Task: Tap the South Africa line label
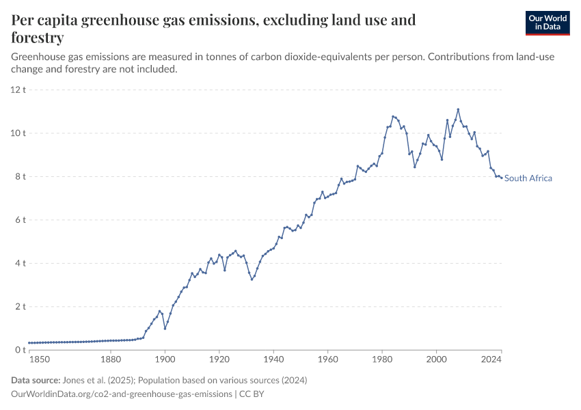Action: [528, 178]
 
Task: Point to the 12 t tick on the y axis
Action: [18, 90]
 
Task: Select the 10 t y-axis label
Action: [18, 133]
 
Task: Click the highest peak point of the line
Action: [458, 109]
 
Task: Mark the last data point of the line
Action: [502, 178]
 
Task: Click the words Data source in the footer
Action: [33, 380]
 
